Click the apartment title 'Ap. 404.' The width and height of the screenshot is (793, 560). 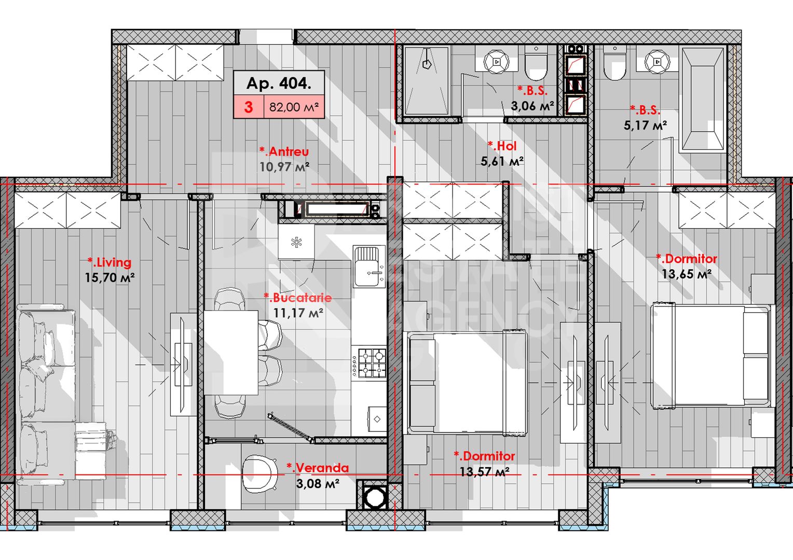tap(279, 83)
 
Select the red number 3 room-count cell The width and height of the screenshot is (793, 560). tap(249, 107)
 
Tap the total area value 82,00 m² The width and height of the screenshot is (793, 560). tap(293, 107)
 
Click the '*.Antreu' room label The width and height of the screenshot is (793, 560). tap(284, 151)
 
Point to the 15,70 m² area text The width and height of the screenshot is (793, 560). tap(110, 278)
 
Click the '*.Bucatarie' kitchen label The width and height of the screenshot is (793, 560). tap(297, 298)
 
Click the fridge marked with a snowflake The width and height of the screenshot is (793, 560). tap(296, 242)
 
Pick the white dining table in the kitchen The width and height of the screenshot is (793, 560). tap(231, 353)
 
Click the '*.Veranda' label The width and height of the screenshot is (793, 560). tap(318, 468)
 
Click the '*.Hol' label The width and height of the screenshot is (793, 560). tap(502, 146)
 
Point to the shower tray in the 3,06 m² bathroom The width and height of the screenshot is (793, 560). tap(426, 81)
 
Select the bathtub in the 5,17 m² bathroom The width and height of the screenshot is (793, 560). tap(703, 100)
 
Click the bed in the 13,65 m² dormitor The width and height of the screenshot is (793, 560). tap(710, 355)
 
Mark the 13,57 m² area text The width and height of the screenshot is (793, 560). tap(484, 472)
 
